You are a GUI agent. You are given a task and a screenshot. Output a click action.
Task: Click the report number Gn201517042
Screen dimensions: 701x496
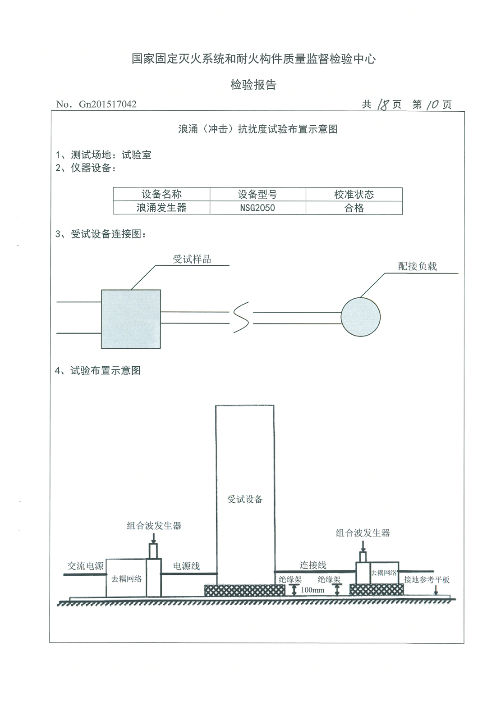(108, 105)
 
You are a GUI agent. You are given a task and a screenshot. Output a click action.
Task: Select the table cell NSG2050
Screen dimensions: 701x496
(257, 208)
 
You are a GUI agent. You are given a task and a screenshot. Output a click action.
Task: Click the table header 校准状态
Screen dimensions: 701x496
(354, 195)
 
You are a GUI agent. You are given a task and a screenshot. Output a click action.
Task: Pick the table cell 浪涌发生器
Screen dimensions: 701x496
(161, 208)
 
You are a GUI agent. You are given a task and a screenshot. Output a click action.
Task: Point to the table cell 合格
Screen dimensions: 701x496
(354, 208)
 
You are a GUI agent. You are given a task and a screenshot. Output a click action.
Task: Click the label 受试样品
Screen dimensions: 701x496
(192, 259)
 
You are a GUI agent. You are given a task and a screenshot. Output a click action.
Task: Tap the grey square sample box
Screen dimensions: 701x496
(130, 319)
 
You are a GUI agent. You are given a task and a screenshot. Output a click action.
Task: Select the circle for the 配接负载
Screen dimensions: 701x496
(360, 315)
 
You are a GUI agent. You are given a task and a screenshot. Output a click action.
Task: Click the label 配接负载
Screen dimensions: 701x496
(417, 266)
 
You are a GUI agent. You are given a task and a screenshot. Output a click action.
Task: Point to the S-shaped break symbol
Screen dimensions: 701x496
(241, 318)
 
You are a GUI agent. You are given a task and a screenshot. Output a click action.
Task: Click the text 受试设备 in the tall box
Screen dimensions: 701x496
(245, 499)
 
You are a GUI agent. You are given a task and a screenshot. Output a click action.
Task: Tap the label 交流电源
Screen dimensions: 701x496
(85, 566)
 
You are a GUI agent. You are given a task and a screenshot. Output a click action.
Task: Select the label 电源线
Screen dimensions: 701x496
(187, 566)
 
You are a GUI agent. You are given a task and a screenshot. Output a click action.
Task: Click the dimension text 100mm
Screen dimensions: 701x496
(312, 590)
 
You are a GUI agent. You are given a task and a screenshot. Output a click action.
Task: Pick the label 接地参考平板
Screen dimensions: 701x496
(427, 580)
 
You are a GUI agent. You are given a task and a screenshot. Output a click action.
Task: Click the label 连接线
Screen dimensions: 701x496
(313, 565)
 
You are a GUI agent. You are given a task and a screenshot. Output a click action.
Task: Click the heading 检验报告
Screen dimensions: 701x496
(253, 85)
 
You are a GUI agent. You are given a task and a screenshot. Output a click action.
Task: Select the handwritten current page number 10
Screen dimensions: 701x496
(432, 105)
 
